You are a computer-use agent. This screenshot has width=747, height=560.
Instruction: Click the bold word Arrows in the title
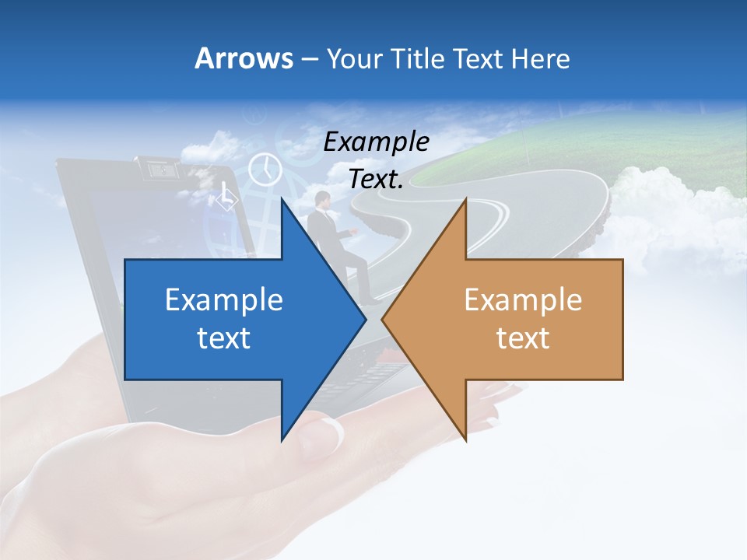coord(244,58)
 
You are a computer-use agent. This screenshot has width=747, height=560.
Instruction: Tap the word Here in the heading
coord(542,58)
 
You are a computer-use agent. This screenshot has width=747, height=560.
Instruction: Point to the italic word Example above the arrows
coord(377,142)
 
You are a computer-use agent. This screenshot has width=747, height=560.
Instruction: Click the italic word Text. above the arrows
coord(377,179)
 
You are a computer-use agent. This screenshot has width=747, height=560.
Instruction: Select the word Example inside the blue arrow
coord(224,300)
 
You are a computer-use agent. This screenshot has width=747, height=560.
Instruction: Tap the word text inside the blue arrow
coord(224,338)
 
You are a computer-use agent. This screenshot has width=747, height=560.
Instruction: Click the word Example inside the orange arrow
coord(523,300)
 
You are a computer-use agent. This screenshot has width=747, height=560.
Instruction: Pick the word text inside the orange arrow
coord(523,338)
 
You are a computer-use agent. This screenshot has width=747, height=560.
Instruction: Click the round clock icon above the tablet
coord(265,169)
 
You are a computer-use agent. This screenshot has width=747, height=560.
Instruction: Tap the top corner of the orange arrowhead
coord(465,201)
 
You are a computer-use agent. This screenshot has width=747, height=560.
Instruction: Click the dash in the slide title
coord(309,59)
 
